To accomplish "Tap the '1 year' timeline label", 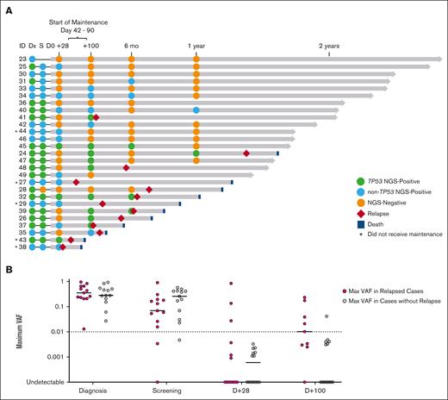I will (x=197, y=45).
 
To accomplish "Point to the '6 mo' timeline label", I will (x=131, y=45).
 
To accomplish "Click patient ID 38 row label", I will (x=22, y=247).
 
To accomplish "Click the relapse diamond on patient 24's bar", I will (x=246, y=153).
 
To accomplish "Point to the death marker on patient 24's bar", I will (x=277, y=153).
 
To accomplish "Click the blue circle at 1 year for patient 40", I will (x=196, y=109).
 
